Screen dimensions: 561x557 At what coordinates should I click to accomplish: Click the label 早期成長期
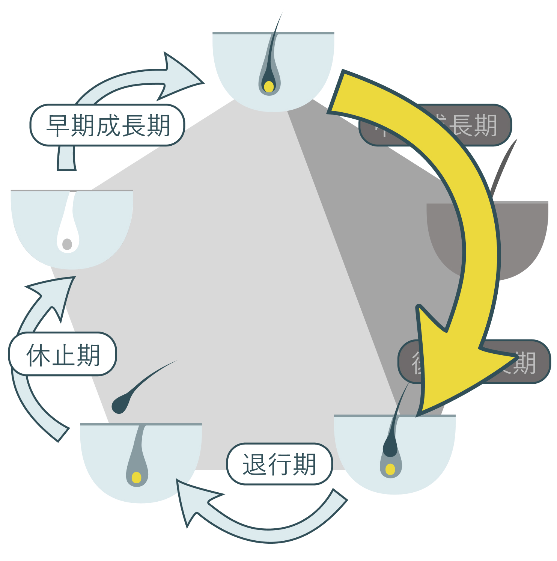pyautogui.click(x=107, y=125)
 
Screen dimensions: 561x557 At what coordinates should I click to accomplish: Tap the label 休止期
pyautogui.click(x=63, y=354)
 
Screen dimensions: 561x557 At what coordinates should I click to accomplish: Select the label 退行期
pyautogui.click(x=280, y=464)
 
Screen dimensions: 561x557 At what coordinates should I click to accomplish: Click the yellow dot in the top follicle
pyautogui.click(x=269, y=87)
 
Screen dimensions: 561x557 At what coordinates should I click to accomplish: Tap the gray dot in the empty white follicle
pyautogui.click(x=67, y=244)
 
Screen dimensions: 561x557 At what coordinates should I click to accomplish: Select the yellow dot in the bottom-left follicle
pyautogui.click(x=137, y=477)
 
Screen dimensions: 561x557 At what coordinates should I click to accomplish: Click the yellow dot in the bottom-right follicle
pyautogui.click(x=390, y=469)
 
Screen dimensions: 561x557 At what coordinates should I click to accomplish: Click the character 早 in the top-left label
pyautogui.click(x=57, y=125)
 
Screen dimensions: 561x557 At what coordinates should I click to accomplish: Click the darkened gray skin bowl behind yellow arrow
pyautogui.click(x=525, y=237)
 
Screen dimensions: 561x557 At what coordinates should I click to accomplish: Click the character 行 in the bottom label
pyautogui.click(x=280, y=464)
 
